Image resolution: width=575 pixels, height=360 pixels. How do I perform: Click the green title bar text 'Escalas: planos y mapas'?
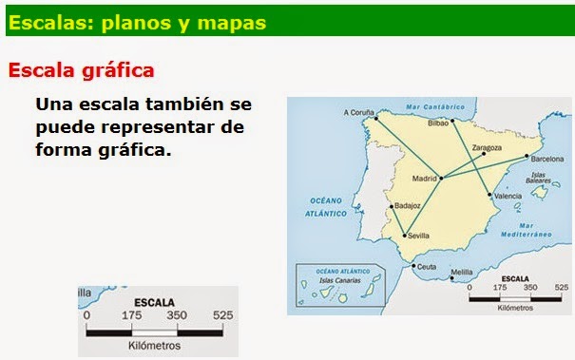136,20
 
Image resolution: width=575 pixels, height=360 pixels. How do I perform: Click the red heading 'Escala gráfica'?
81,70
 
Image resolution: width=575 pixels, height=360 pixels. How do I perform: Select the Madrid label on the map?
423,178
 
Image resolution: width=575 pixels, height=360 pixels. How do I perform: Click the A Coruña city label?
358,112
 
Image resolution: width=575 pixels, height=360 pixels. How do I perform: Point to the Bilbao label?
438,123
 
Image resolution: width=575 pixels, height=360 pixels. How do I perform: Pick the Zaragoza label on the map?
486,147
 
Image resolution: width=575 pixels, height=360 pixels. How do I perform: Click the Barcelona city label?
546,159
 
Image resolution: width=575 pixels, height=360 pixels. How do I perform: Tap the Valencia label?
508,196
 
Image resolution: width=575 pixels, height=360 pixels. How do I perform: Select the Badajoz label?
407,204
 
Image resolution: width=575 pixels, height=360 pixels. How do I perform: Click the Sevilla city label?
418,235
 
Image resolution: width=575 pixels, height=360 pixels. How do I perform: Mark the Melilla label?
461,273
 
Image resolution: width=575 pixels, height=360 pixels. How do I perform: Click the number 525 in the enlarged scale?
222,314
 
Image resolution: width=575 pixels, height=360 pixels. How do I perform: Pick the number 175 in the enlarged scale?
131,314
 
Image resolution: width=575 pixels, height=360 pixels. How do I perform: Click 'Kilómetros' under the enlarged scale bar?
154,347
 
